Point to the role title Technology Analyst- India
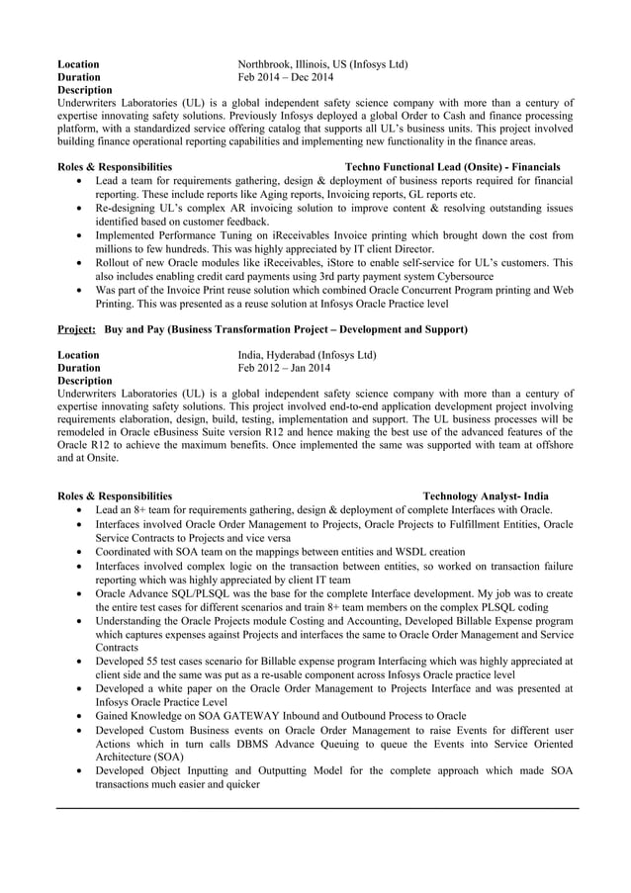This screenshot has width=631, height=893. (486, 496)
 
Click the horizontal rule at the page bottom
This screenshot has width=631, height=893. (315, 808)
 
